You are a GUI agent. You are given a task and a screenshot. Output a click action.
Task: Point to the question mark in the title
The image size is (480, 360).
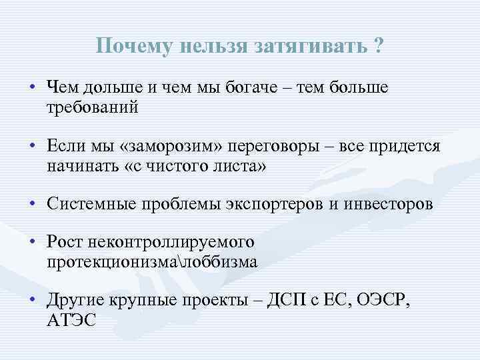click(379, 46)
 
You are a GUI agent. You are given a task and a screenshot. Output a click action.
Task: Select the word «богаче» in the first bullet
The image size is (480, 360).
click(245, 89)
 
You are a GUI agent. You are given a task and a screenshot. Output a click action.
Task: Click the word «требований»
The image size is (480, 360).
click(93, 107)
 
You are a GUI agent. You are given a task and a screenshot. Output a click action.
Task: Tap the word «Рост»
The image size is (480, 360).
click(65, 243)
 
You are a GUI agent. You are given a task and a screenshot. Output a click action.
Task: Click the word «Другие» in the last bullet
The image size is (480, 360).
click(75, 301)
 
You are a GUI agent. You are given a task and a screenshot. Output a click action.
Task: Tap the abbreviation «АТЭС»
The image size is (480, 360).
click(71, 320)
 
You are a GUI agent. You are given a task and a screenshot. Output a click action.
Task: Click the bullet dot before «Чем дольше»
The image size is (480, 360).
click(32, 89)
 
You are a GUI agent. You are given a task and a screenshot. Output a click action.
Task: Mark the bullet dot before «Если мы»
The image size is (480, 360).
click(32, 147)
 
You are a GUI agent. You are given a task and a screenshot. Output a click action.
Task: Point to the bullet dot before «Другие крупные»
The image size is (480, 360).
click(32, 301)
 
